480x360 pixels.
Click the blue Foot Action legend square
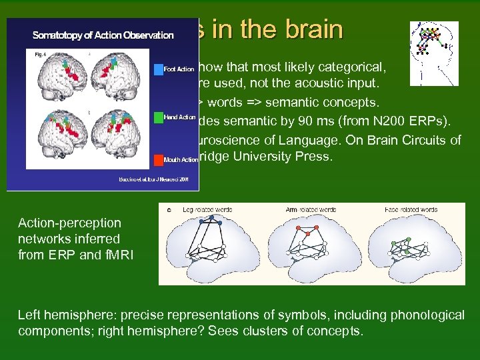point(159,69)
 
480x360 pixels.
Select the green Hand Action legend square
point(159,117)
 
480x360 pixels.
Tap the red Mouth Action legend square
point(159,160)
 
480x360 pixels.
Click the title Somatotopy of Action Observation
point(103,35)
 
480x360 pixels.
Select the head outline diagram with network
point(433,53)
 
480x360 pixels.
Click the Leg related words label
point(209,210)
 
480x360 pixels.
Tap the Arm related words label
point(310,210)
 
